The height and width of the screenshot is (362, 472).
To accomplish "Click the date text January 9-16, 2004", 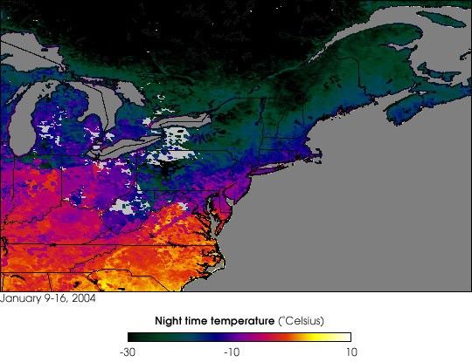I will (48, 298).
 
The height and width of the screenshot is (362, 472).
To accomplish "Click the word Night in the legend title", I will (169, 321).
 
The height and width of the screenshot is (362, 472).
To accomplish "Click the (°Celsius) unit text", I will (305, 321).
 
